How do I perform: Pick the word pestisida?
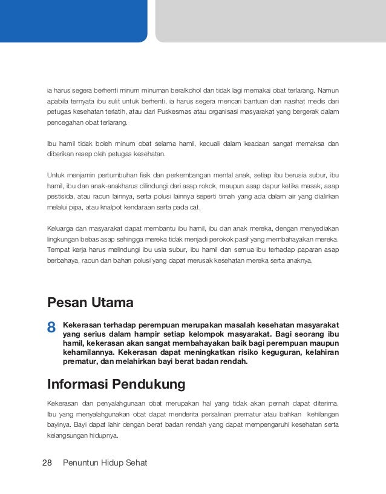point(61,197)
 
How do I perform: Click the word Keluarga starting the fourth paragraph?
point(61,228)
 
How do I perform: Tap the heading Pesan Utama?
point(90,301)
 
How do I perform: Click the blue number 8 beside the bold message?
point(51,328)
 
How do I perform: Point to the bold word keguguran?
point(276,352)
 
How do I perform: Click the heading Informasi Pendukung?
point(116,384)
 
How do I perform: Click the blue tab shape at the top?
point(73,20)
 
